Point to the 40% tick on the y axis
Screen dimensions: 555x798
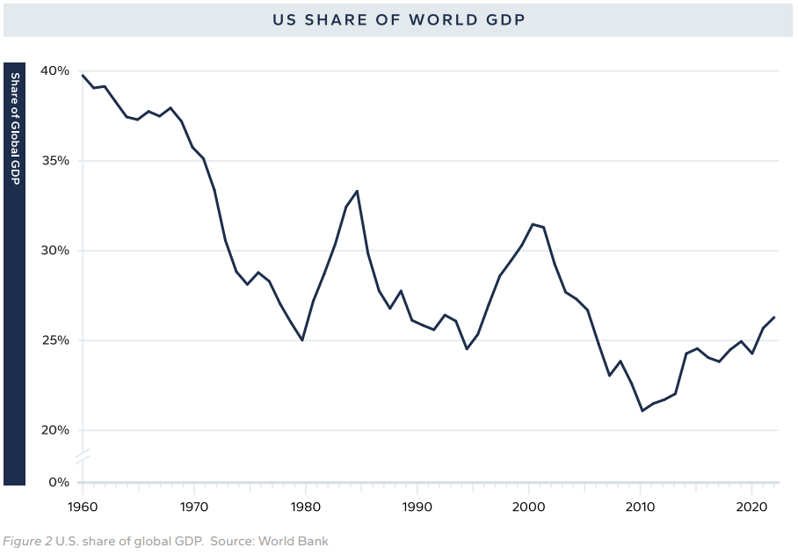[x=54, y=70]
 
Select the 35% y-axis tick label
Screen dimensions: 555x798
[x=54, y=161]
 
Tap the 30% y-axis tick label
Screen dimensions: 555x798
[x=54, y=251]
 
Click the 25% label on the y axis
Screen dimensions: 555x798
[x=54, y=340]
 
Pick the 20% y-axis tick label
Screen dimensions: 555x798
[x=54, y=430]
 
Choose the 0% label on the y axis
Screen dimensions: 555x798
[x=58, y=482]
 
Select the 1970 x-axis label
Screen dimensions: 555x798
[x=193, y=507]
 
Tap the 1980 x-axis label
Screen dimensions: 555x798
[x=305, y=507]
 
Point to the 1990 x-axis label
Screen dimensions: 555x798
[x=417, y=507]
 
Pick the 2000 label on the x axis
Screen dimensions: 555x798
[x=528, y=507]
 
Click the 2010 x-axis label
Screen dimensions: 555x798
[x=641, y=507]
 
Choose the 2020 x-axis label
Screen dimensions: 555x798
[x=752, y=507]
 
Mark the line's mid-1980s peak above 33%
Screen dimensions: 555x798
[x=357, y=191]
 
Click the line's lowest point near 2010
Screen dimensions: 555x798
[x=642, y=411]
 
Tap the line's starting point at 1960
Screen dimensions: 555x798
[x=82, y=75]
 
